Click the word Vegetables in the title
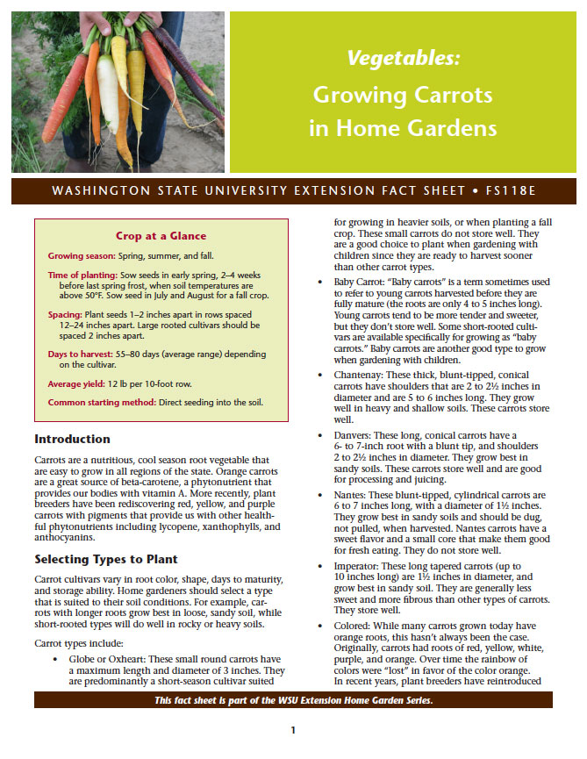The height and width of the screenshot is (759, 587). coord(403,59)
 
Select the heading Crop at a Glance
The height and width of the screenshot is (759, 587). coord(161,235)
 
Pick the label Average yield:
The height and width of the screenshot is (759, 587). coord(76,383)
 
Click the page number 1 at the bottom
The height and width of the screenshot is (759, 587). coord(293,729)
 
